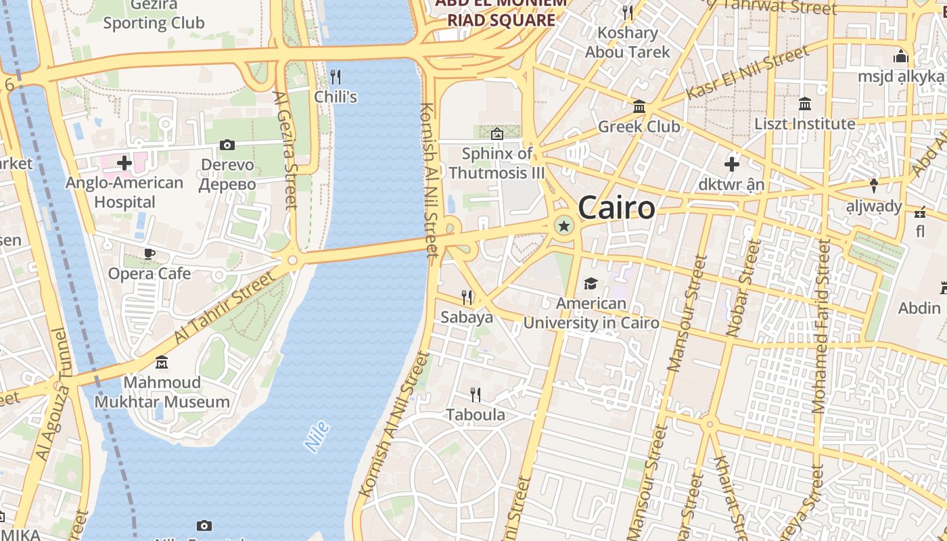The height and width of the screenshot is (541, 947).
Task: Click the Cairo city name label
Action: click(616, 208)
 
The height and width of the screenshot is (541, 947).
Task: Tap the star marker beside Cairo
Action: click(563, 226)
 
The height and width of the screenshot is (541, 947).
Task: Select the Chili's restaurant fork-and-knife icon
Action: click(335, 76)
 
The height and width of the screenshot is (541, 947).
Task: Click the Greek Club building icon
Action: click(639, 106)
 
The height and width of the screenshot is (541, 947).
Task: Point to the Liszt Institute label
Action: click(805, 124)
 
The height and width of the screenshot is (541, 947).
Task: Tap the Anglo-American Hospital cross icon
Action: click(124, 162)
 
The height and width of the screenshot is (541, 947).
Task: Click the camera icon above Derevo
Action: click(227, 145)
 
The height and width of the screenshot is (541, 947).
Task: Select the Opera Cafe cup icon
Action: click(149, 254)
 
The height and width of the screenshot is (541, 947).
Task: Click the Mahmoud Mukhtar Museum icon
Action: click(162, 363)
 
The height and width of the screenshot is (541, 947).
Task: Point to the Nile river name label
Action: click(317, 436)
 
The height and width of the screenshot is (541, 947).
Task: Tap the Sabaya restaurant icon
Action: click(467, 297)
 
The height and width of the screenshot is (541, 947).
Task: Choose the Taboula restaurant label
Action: click(476, 415)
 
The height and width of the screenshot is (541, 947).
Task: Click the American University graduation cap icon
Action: click(591, 283)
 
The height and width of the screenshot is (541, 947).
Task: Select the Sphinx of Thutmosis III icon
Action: click(497, 134)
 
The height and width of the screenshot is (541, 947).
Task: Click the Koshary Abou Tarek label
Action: click(627, 42)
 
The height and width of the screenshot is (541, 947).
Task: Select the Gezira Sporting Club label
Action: click(154, 15)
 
